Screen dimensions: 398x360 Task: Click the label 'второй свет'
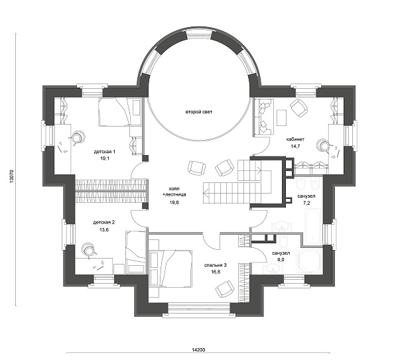tap(199, 112)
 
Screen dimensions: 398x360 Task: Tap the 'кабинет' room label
tap(295, 139)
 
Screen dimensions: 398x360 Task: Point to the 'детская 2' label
tap(104, 223)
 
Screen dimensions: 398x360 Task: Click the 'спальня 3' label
tap(215, 265)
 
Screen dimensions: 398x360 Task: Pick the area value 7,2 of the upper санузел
tap(306, 203)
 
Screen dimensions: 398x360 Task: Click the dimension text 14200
tap(198, 349)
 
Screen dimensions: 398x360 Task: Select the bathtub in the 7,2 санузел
tap(313, 225)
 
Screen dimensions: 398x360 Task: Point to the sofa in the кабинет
tap(264, 117)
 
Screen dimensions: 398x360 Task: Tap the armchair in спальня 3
tap(225, 289)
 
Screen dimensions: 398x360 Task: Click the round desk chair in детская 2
tap(89, 251)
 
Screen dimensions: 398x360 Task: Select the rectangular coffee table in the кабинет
tap(282, 117)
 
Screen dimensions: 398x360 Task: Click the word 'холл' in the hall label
tap(174, 189)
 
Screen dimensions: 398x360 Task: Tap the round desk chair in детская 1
tap(77, 138)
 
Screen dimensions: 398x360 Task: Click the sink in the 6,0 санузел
tap(273, 269)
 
